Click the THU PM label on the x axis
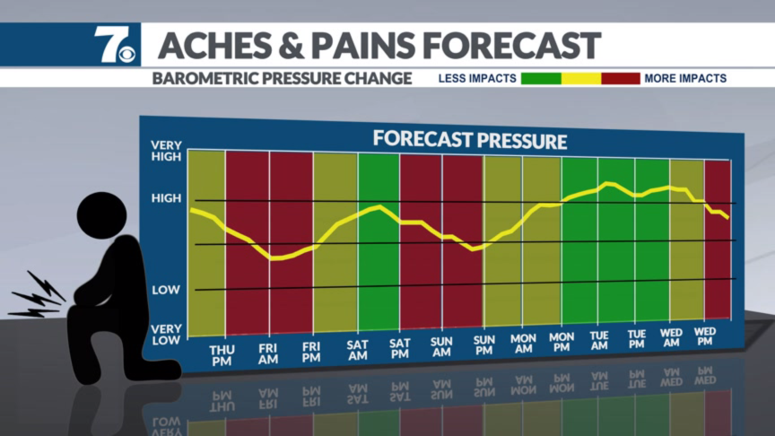coord(222,356)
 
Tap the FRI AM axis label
coord(268,354)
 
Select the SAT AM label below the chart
coord(357,350)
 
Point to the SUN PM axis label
coord(483,345)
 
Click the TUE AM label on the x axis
coord(599,341)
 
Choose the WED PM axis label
coord(705,336)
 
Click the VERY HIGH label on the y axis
coord(166,151)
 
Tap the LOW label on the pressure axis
coord(166,290)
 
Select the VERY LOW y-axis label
coord(166,335)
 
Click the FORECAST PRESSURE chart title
coord(469,140)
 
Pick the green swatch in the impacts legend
coord(541,79)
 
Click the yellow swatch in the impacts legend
coord(581,79)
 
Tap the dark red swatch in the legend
coord(621,79)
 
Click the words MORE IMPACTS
coord(685,79)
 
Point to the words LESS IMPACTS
coord(477,79)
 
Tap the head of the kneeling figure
coord(102,215)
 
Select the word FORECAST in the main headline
coord(511,46)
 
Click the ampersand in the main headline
coord(292,46)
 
